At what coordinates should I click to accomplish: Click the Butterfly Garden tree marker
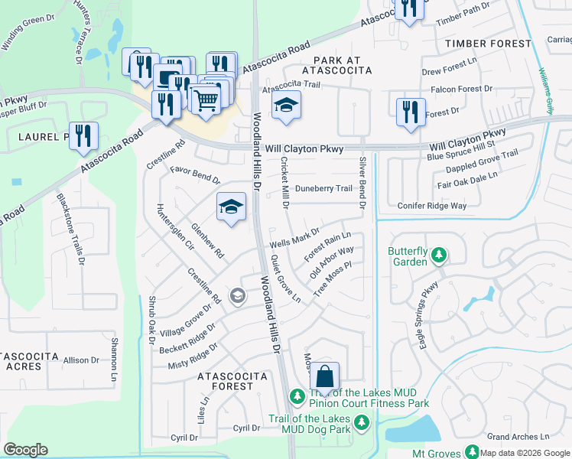439,254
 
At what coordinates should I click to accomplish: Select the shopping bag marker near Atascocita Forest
324,376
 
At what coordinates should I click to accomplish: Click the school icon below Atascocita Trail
286,105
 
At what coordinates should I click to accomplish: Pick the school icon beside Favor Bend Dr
231,207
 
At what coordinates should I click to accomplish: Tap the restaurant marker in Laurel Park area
83,135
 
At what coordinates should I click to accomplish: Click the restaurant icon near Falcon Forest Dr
410,112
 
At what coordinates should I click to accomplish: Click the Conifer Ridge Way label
432,206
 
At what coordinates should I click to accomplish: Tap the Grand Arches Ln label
518,437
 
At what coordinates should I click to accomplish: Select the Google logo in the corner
25,450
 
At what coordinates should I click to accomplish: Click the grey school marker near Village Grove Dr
238,295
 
